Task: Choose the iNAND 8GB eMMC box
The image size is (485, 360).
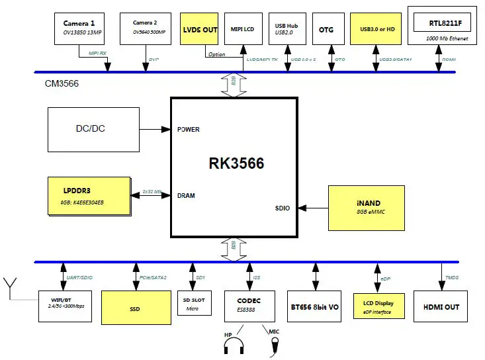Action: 366,208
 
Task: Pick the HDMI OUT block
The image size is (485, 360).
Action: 441,306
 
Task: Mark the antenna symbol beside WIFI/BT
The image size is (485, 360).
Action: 11,287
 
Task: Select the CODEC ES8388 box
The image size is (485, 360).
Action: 247,304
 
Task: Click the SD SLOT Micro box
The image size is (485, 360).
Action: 193,304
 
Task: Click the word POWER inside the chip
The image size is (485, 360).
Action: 189,130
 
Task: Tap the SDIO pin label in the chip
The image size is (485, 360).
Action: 283,208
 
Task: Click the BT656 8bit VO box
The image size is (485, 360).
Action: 315,306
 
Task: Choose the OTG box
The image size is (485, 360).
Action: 327,29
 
